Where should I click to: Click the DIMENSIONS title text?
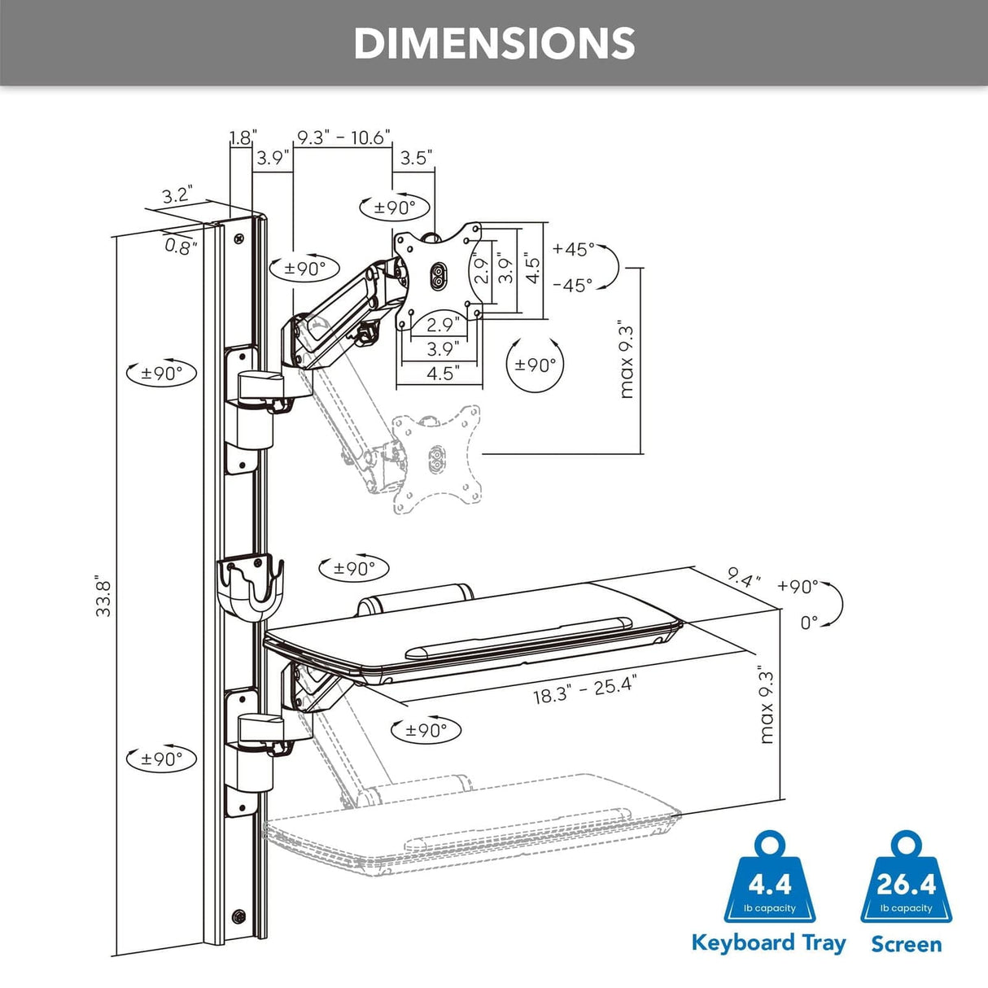(x=494, y=43)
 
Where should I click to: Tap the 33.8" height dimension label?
(x=103, y=597)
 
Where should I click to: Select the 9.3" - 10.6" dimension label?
(x=343, y=138)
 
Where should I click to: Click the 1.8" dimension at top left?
(x=242, y=138)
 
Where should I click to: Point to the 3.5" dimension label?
(x=415, y=158)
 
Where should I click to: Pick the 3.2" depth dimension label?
(x=176, y=195)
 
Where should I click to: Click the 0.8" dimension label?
(x=181, y=246)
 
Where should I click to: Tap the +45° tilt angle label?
(x=573, y=249)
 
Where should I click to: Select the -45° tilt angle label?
(x=573, y=286)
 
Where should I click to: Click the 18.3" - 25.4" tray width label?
(x=584, y=690)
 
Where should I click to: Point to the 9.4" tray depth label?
(x=744, y=579)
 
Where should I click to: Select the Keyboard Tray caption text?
(x=768, y=943)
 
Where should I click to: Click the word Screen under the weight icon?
(x=906, y=944)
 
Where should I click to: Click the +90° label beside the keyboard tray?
(x=797, y=586)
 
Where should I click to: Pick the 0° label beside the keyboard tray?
(x=808, y=623)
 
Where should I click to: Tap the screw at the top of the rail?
(x=238, y=239)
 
